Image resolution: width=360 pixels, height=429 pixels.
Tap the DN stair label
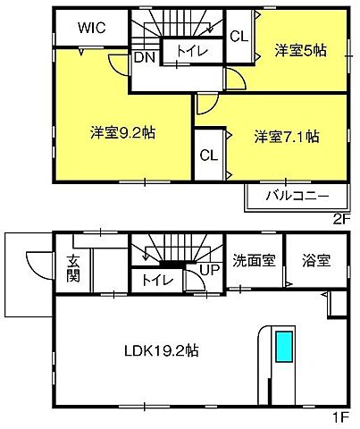pos(142,57)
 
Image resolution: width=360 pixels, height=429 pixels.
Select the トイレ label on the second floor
pos(188,52)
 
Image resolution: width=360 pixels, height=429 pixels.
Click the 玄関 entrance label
pos(72,268)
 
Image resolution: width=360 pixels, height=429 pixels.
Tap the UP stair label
pos(209,269)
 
